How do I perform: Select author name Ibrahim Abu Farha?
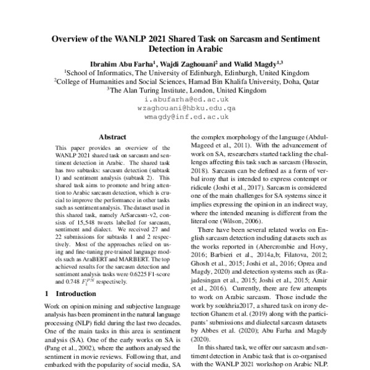coord(118,62)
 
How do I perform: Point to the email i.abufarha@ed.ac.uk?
coord(184,98)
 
